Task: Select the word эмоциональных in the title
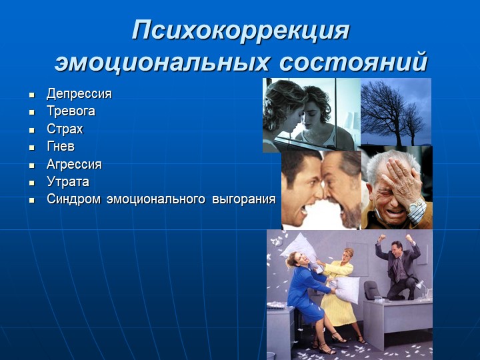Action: tap(162, 62)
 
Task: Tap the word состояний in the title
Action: tap(353, 62)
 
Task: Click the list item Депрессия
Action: tap(79, 94)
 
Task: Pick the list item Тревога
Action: tap(71, 111)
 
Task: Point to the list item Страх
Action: tap(65, 129)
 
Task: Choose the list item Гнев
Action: tap(61, 146)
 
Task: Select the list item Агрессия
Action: tap(74, 165)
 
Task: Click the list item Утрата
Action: tap(68, 182)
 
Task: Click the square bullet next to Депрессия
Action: tap(32, 95)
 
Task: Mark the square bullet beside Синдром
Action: tap(32, 201)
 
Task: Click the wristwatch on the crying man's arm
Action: tap(416, 204)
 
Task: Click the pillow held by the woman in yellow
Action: tap(347, 289)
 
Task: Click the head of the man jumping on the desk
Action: tap(397, 247)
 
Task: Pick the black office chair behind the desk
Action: tap(372, 291)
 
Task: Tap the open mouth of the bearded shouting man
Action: tap(337, 210)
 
